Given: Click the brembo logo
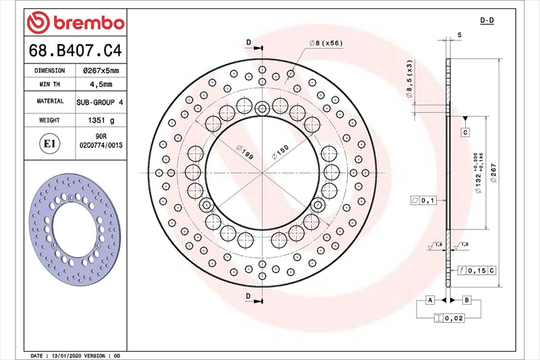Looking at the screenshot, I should (76, 23).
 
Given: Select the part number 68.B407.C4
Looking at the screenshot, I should (76, 50).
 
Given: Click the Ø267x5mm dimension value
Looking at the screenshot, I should (100, 70).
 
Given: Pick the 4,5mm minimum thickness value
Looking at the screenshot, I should (100, 84).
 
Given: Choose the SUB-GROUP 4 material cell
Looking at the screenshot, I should (100, 101).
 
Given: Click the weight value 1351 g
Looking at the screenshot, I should (100, 120).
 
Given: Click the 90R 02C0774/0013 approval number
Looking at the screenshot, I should (100, 140).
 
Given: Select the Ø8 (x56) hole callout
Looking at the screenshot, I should (326, 43).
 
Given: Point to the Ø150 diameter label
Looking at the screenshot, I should (280, 152).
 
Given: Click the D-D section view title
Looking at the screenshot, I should (487, 21).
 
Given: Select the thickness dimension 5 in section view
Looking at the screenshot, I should (459, 34).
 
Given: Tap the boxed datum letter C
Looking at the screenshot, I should (465, 132).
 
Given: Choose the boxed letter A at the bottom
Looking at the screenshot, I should (429, 299).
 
